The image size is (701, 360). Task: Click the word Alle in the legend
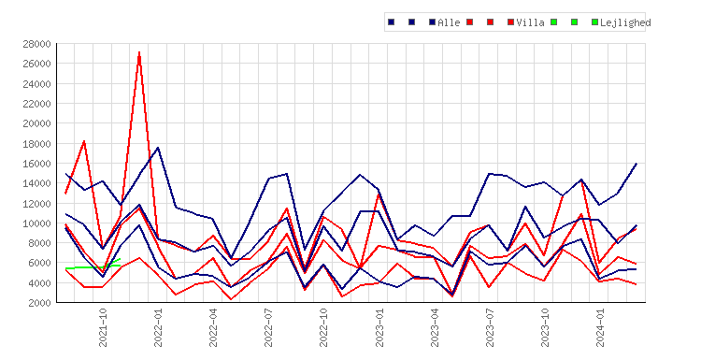click(x=449, y=22)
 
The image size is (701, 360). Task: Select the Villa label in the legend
click(x=530, y=22)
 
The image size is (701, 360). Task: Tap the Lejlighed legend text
click(x=625, y=22)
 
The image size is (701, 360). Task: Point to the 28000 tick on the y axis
click(x=36, y=44)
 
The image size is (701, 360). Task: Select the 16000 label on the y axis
click(x=36, y=164)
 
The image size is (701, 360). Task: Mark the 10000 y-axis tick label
click(x=36, y=223)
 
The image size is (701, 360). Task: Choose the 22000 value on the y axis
click(x=36, y=104)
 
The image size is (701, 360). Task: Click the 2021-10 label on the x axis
click(x=103, y=327)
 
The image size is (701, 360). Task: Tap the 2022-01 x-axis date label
click(x=158, y=327)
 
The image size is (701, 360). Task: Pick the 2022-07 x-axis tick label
click(x=268, y=327)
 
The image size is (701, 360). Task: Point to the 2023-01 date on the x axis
click(x=379, y=327)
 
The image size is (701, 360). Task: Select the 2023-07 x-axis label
click(x=490, y=327)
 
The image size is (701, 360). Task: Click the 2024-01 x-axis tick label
click(x=600, y=327)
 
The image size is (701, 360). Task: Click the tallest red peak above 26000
click(x=139, y=52)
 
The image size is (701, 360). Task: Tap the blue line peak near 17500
click(x=158, y=148)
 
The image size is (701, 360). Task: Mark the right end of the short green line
click(x=121, y=259)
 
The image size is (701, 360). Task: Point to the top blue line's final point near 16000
click(x=637, y=164)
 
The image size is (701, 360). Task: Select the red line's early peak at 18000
click(x=84, y=141)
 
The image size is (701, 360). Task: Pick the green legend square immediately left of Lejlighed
click(x=594, y=22)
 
